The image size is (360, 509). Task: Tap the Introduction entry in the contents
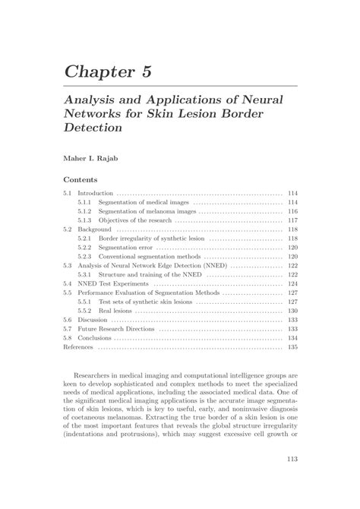95,194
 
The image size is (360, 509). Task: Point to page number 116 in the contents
292,211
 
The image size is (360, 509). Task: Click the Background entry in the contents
95,229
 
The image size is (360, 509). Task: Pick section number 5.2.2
84,248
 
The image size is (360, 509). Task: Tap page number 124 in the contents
292,283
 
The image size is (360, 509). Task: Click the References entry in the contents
78,347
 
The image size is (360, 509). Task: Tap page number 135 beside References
292,347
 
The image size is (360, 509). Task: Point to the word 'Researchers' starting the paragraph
93,375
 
